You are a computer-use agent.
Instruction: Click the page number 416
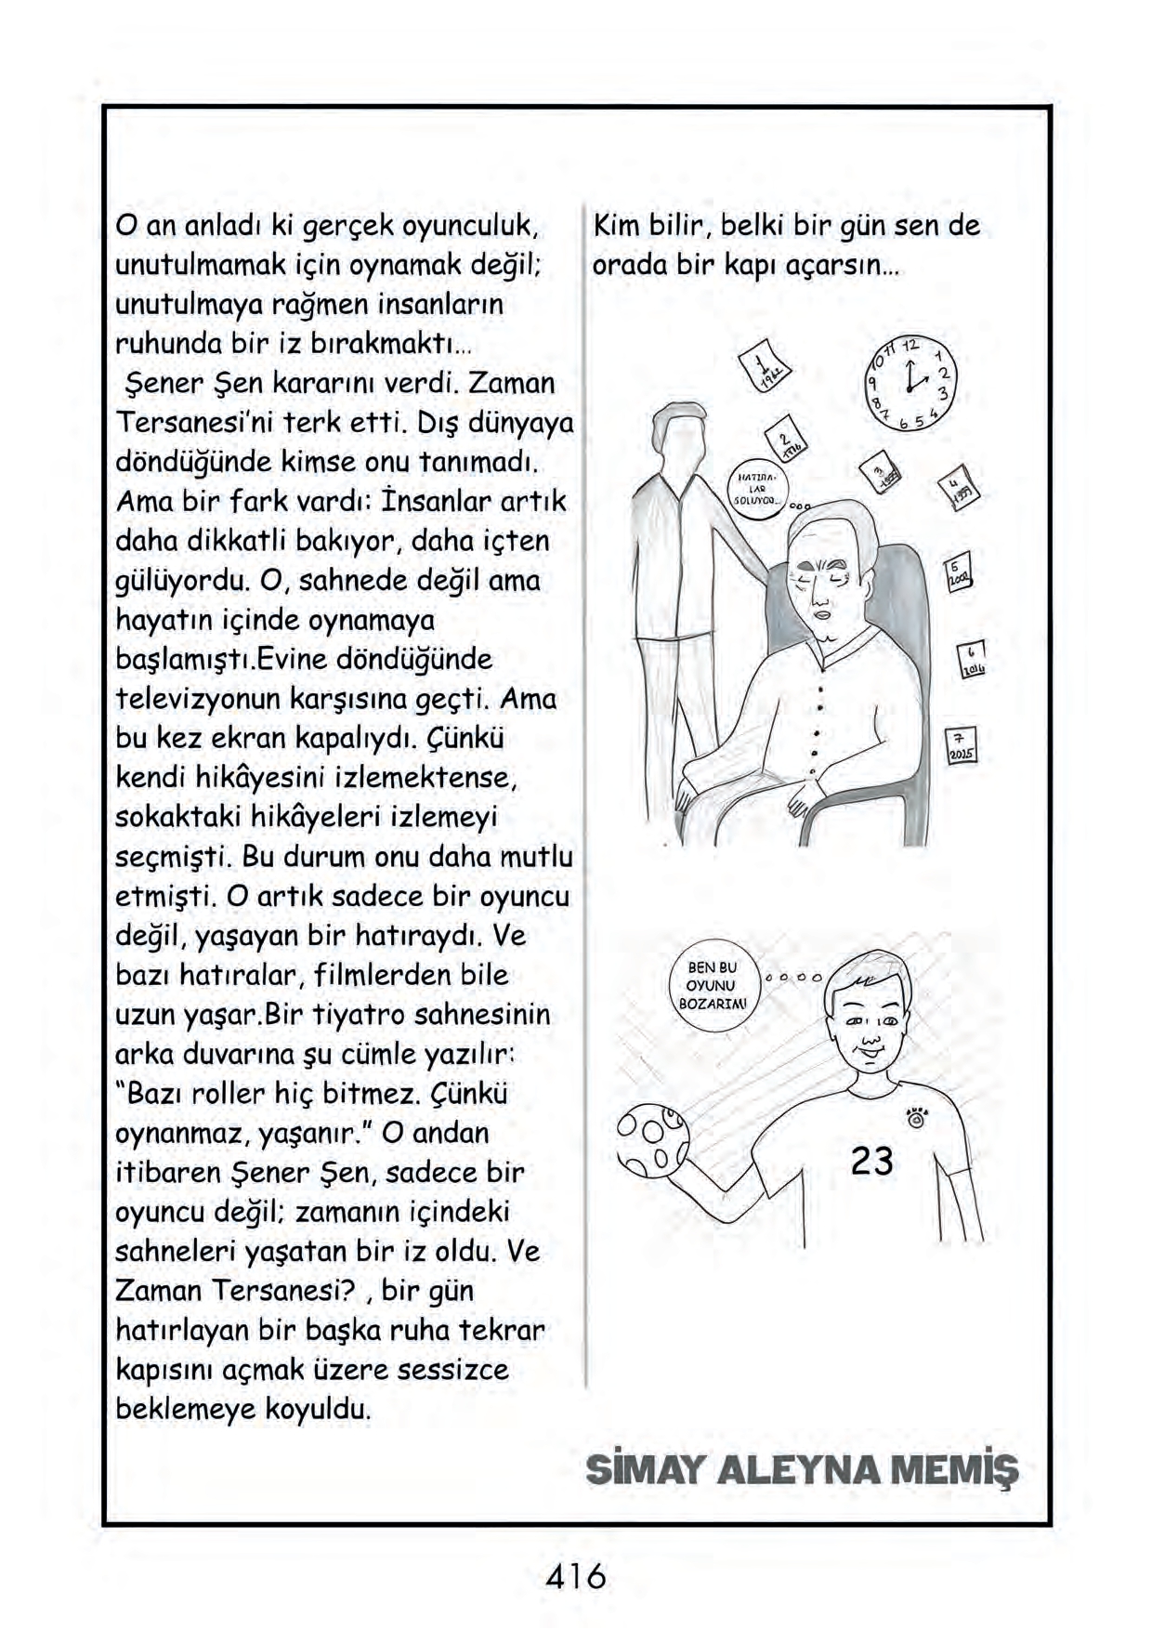click(576, 1576)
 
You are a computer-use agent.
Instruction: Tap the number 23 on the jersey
click(871, 1161)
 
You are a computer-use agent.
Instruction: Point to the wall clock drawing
click(912, 382)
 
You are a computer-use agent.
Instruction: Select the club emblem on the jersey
click(915, 1115)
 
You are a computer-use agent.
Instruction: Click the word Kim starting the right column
click(619, 226)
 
